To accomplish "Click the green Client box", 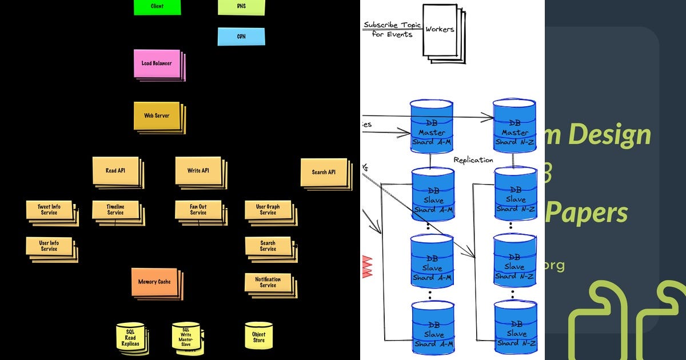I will pyautogui.click(x=157, y=7).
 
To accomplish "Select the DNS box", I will pyautogui.click(x=241, y=7).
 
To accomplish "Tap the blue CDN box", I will pyautogui.click(x=241, y=37).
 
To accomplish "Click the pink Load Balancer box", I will pyautogui.click(x=157, y=63).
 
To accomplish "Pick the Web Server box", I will pyautogui.click(x=157, y=116).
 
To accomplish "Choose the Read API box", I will pyautogui.click(x=115, y=170).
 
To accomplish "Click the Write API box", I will pyautogui.click(x=198, y=170).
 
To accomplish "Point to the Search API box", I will pyautogui.click(x=324, y=172).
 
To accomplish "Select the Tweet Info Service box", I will pyautogui.click(x=49, y=210).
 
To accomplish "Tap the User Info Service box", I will pyautogui.click(x=49, y=246).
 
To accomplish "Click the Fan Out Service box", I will pyautogui.click(x=198, y=210).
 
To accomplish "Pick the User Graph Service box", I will pyautogui.click(x=268, y=210).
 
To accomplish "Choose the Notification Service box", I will pyautogui.click(x=268, y=282).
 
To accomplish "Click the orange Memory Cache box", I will pyautogui.click(x=154, y=282).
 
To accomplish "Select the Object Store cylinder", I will pyautogui.click(x=258, y=337).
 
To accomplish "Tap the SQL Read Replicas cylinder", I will pyautogui.click(x=130, y=338).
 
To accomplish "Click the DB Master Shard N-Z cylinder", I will pyautogui.click(x=514, y=127).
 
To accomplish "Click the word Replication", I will pyautogui.click(x=473, y=160).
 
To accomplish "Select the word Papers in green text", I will pyautogui.click(x=595, y=213).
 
